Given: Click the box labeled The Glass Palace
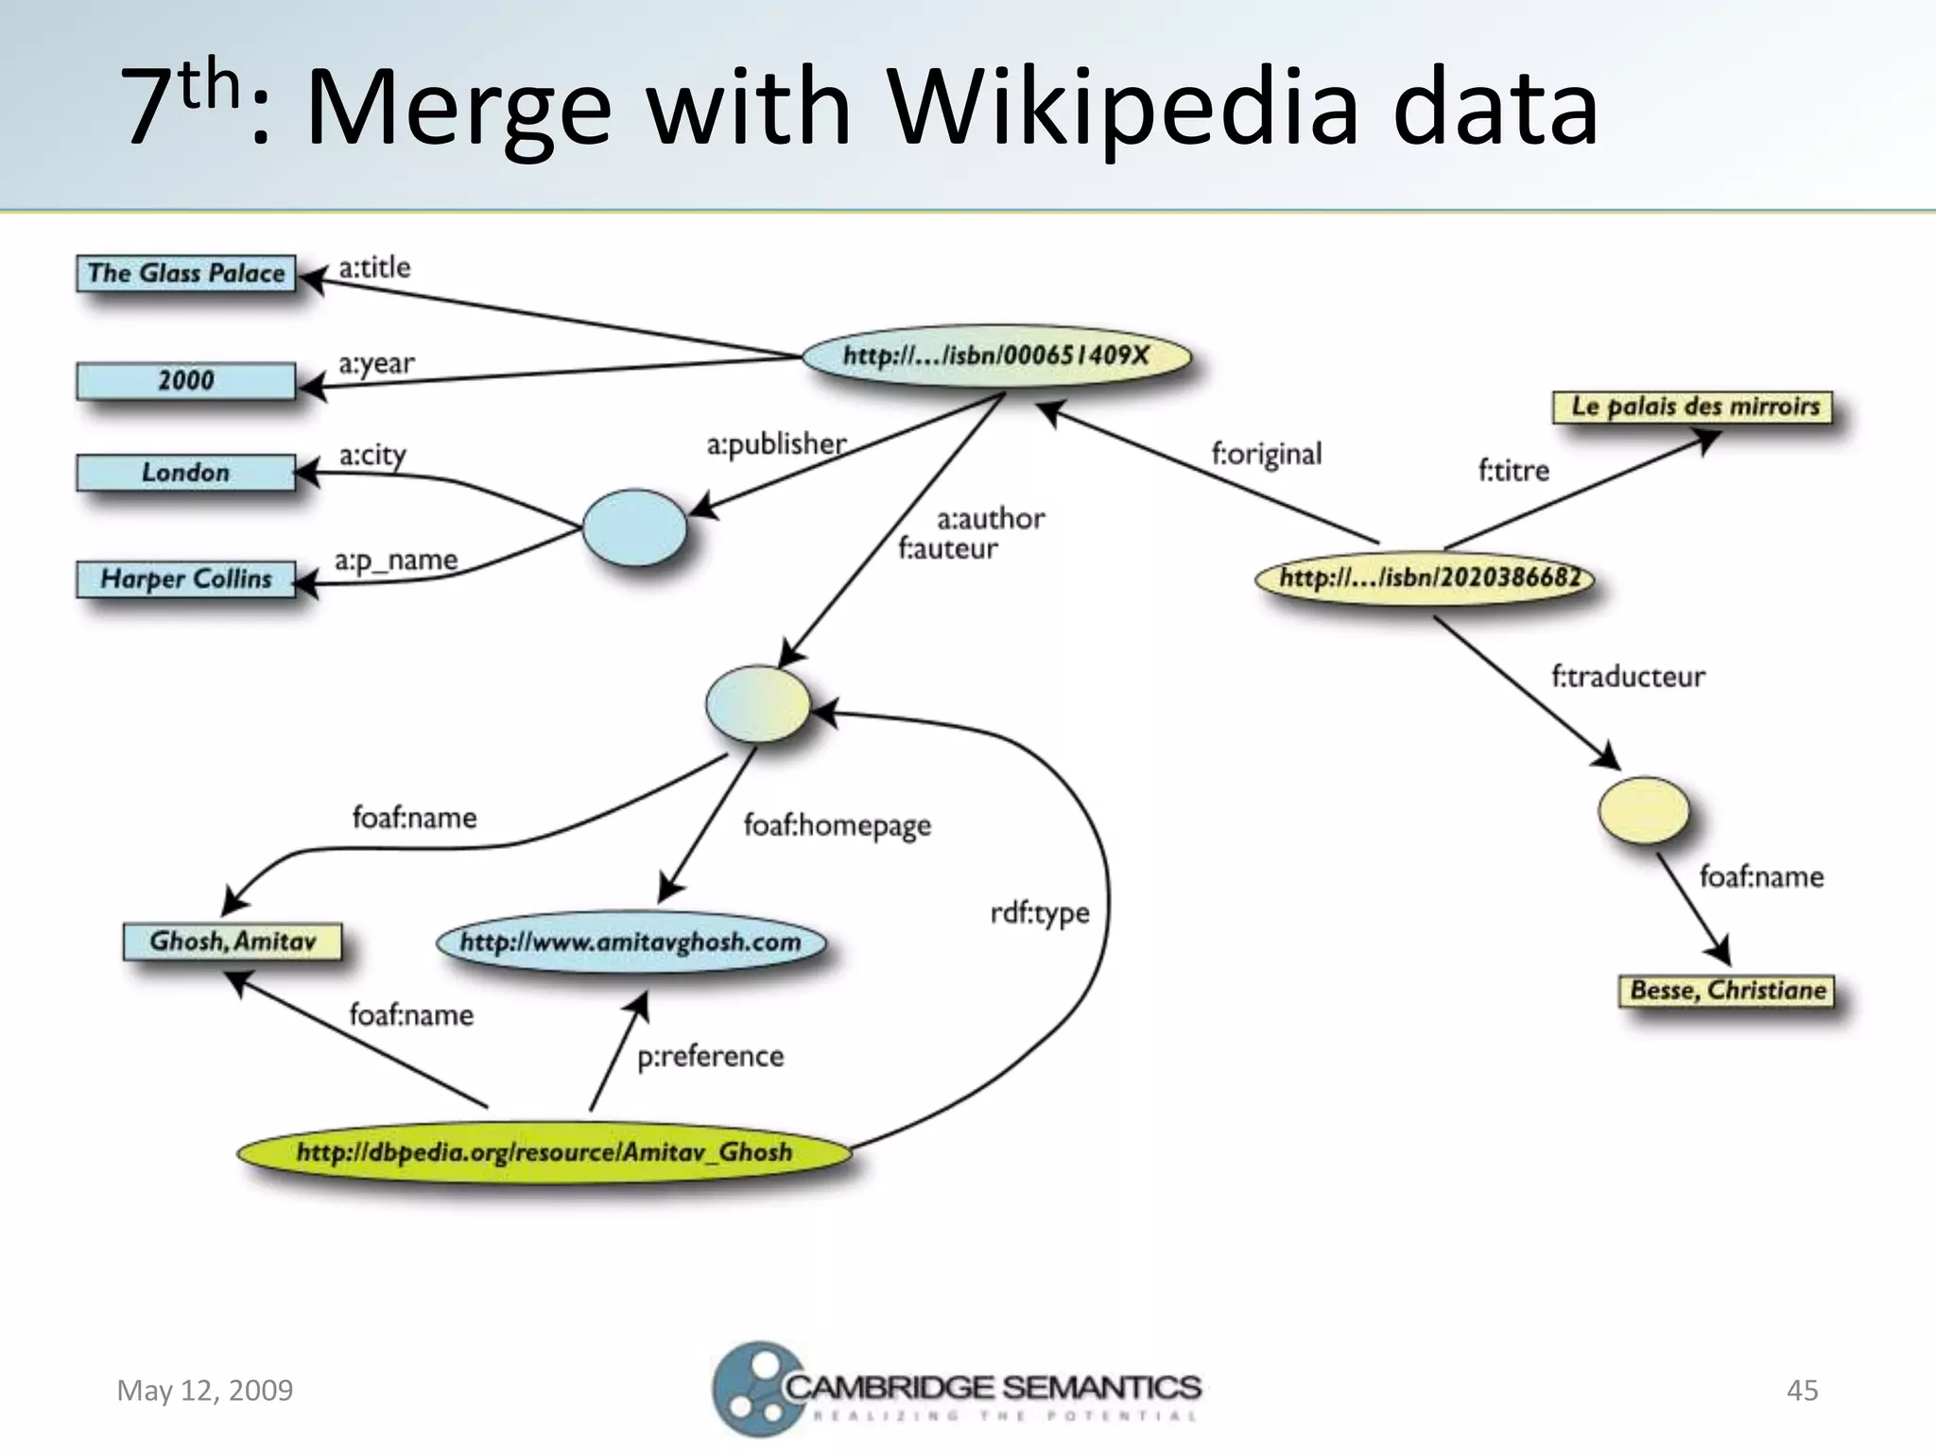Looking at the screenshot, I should pos(186,273).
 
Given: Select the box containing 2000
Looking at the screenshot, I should pos(186,381).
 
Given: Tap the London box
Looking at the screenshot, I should pos(186,473).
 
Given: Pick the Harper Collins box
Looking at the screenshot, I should pos(186,579).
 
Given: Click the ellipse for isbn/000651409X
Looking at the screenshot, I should pos(996,356).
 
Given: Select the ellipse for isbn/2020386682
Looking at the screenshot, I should pos(1426,578).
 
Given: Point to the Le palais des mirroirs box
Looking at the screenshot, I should pos(1692,406).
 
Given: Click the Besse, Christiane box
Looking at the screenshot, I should pos(1727,990).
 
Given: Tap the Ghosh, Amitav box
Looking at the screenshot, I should pos(233,942).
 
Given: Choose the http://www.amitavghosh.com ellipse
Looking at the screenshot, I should pos(631,942).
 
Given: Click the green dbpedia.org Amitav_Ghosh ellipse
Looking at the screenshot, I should pos(544,1151).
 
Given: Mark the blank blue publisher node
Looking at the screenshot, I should pos(634,527).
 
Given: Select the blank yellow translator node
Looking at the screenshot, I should pos(1644,810).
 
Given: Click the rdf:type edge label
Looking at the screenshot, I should pos(1040,913).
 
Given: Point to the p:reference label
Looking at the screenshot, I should pos(711,1056).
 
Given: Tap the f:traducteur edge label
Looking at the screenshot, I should pos(1628,677).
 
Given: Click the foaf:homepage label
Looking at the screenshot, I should pos(838,825).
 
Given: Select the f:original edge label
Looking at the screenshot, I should pos(1267,454).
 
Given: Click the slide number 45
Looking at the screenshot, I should pos(1802,1390).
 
